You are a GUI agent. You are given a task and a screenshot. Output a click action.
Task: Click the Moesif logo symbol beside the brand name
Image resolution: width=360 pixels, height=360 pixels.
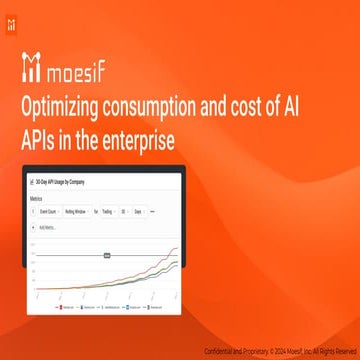pyautogui.click(x=31, y=71)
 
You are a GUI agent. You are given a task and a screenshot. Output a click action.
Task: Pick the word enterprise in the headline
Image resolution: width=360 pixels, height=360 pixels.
pyautogui.click(x=141, y=141)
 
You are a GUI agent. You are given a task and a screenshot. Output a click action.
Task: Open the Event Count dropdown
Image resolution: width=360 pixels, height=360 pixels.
pyautogui.click(x=50, y=212)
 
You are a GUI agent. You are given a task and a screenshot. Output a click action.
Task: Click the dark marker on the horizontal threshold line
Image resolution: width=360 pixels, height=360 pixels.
pyautogui.click(x=103, y=257)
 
